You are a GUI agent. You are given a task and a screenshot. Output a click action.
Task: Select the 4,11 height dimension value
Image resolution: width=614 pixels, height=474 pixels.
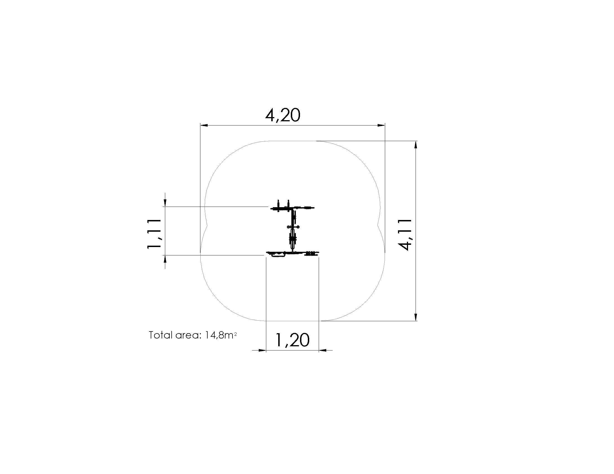point(405,235)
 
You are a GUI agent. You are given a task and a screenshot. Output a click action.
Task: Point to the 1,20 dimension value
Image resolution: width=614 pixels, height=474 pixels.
point(292,340)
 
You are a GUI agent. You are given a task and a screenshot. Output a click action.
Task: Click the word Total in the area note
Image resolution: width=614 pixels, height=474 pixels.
point(160,335)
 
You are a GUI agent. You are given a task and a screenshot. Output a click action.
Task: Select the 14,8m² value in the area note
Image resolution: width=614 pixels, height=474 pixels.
point(221,335)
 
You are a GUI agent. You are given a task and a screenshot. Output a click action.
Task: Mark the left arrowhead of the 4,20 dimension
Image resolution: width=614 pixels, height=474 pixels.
point(204,125)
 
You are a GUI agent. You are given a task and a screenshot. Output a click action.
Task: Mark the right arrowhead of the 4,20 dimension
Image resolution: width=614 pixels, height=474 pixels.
point(381,125)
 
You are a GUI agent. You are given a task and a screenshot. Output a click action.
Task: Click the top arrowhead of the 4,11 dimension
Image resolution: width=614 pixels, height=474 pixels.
point(416,145)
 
